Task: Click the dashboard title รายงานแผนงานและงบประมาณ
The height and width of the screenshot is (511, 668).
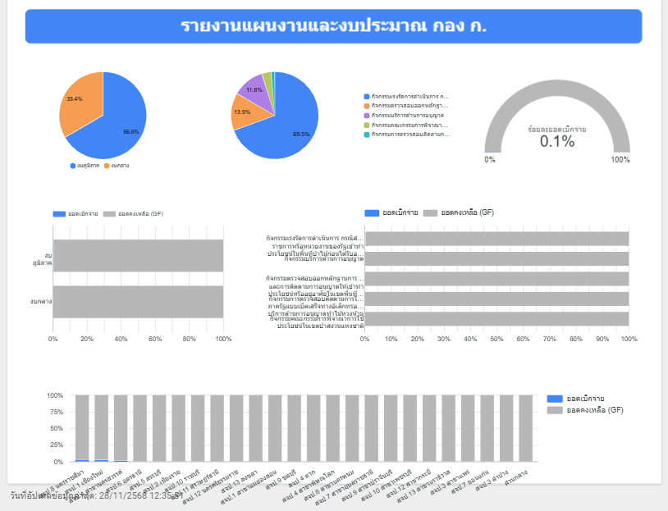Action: tap(333, 25)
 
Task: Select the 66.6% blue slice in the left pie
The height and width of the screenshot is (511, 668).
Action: tap(119, 123)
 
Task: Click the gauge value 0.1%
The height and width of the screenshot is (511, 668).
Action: tap(557, 141)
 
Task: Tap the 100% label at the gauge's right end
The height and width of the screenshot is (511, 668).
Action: tap(620, 159)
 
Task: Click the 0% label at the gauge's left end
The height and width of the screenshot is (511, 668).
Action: tap(490, 159)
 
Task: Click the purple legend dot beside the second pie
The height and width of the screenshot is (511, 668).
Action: tap(366, 116)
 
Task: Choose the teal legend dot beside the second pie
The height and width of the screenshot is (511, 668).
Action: tap(366, 135)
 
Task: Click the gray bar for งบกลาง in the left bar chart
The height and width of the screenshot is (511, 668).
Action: tap(138, 302)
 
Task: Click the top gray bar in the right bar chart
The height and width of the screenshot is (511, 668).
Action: tap(496, 239)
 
